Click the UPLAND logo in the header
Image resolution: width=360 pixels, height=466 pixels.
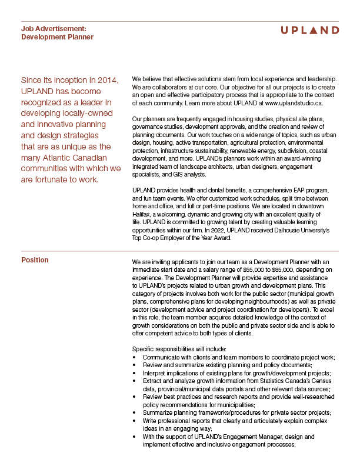[x=309, y=30]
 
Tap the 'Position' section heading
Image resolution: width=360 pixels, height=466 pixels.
[x=35, y=260]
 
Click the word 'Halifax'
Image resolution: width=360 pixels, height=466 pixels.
[x=143, y=216]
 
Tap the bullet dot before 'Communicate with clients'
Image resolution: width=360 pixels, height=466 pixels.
[x=136, y=357]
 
